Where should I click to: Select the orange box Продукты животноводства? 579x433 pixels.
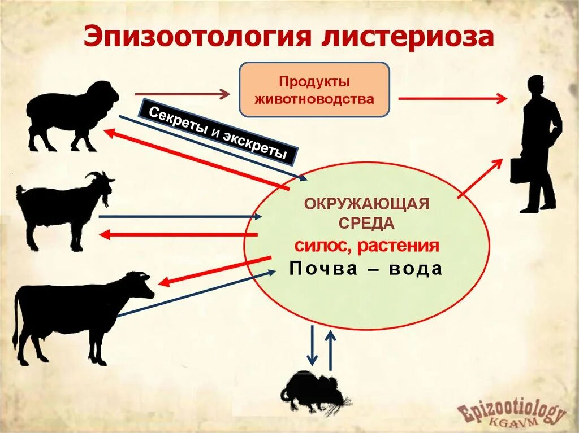point(314,90)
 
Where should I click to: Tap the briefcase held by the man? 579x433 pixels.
point(519,170)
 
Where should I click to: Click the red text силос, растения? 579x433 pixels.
point(366,246)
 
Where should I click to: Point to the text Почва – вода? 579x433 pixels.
point(365,269)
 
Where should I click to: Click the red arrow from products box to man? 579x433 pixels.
point(452,98)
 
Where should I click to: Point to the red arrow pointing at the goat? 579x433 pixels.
point(178,234)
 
